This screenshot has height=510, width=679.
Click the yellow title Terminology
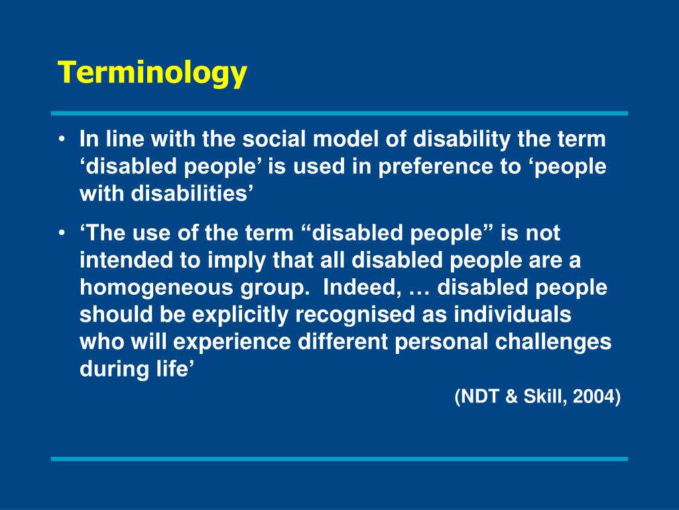click(x=152, y=72)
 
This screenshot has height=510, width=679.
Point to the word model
click(x=345, y=140)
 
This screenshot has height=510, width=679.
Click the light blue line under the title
click(x=339, y=114)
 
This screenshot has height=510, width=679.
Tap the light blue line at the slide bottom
click(x=339, y=459)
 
